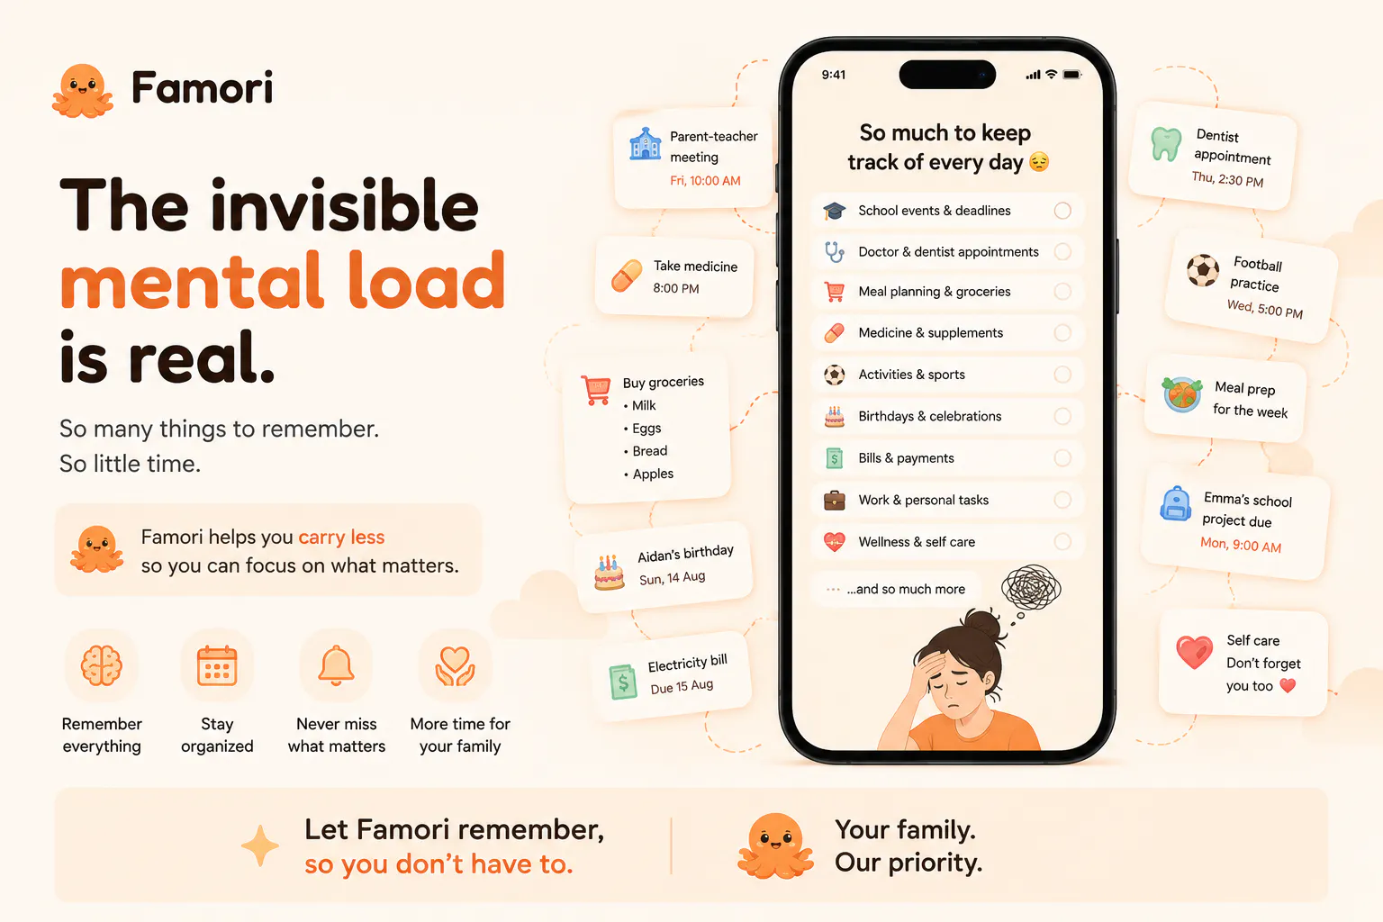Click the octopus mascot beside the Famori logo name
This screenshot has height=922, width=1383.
point(83,90)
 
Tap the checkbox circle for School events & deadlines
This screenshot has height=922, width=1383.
point(1062,211)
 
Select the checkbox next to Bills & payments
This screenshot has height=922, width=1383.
point(1062,457)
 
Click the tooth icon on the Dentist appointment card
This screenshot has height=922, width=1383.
point(1166,144)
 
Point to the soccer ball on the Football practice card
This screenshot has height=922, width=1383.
point(1203,270)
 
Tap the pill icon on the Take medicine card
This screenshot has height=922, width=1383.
point(627,276)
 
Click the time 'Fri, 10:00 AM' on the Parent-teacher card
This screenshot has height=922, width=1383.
point(705,180)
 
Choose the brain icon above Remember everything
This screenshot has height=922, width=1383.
point(101,665)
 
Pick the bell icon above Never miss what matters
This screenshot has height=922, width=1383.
point(337,665)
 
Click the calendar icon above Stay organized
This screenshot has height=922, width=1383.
point(217,665)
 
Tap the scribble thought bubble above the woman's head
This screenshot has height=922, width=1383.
point(1031,587)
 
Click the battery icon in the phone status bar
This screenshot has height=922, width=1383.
point(1071,75)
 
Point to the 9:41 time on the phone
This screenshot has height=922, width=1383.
point(834,75)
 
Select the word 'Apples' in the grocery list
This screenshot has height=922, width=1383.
point(653,474)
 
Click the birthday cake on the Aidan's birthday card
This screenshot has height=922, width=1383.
point(609,572)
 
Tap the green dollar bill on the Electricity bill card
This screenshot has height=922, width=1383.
point(623,682)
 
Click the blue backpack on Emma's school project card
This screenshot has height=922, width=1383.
point(1176,504)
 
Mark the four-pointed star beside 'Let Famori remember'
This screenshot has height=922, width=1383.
point(260,845)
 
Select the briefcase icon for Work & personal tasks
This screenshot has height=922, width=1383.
point(834,500)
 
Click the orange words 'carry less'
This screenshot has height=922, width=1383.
point(341,538)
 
